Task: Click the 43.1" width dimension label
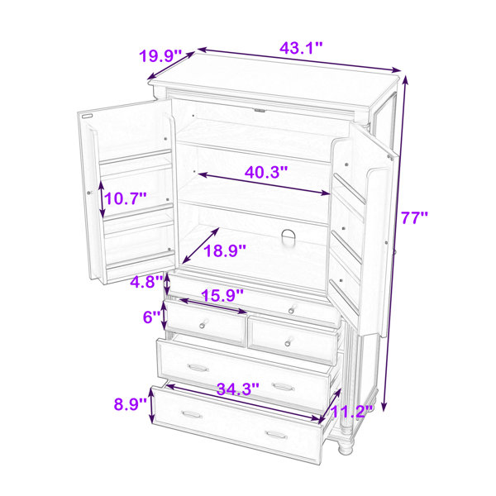pyautogui.click(x=301, y=48)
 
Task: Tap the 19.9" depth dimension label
pyautogui.click(x=160, y=56)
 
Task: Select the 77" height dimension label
pyautogui.click(x=414, y=217)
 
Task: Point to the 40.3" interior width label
pyautogui.click(x=266, y=173)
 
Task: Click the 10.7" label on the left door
pyautogui.click(x=126, y=198)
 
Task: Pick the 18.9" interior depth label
pyautogui.click(x=225, y=251)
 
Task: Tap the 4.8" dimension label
pyautogui.click(x=147, y=282)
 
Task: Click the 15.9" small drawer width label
pyautogui.click(x=222, y=296)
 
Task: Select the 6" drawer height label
pyautogui.click(x=152, y=317)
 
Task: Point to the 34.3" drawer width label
pyautogui.click(x=238, y=389)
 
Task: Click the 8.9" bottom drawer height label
pyautogui.click(x=131, y=404)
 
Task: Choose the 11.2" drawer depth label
pyautogui.click(x=351, y=412)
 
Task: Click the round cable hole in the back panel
pyautogui.click(x=288, y=237)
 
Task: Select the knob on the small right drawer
pyautogui.click(x=289, y=342)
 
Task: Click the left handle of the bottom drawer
pyautogui.click(x=192, y=414)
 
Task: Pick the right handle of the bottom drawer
pyautogui.click(x=276, y=435)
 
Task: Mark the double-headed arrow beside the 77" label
pyautogui.click(x=395, y=243)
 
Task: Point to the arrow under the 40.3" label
pyautogui.click(x=265, y=184)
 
